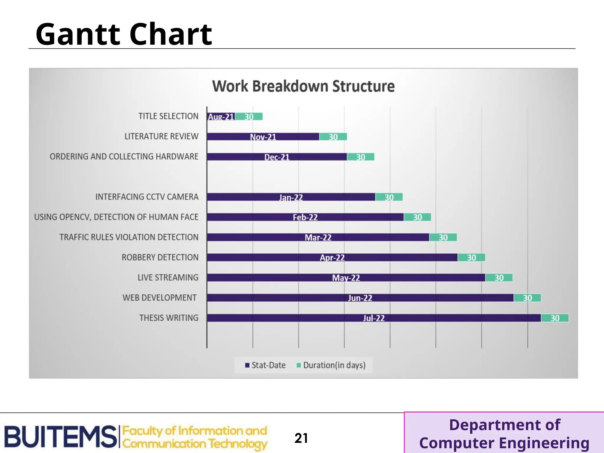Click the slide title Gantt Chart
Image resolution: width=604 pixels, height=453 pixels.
(x=124, y=34)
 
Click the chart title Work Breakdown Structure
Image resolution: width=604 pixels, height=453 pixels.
(x=303, y=86)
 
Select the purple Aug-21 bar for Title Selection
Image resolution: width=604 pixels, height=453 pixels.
(x=221, y=117)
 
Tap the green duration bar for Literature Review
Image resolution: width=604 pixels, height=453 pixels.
(x=333, y=137)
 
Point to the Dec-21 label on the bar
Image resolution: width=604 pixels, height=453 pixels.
(x=277, y=157)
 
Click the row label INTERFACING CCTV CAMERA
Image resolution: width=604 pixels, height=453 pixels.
(x=147, y=197)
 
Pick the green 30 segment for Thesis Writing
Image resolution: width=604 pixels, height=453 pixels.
(x=555, y=318)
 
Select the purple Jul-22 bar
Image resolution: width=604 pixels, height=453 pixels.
(x=374, y=318)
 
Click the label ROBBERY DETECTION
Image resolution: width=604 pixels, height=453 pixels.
(x=160, y=257)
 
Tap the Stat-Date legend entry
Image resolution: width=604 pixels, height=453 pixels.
(x=265, y=365)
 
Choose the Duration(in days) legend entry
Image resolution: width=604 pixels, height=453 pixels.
(x=331, y=365)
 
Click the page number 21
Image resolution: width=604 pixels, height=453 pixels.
(x=301, y=438)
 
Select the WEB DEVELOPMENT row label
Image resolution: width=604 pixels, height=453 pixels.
(x=160, y=298)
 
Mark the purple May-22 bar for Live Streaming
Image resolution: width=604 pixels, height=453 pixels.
(x=346, y=278)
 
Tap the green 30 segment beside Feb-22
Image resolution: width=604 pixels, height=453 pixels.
(x=417, y=217)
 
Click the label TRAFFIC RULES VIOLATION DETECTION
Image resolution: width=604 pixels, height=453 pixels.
(x=129, y=237)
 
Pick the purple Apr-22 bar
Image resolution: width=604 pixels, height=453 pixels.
(x=332, y=258)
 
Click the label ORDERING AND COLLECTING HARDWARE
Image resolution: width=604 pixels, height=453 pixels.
(x=124, y=157)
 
